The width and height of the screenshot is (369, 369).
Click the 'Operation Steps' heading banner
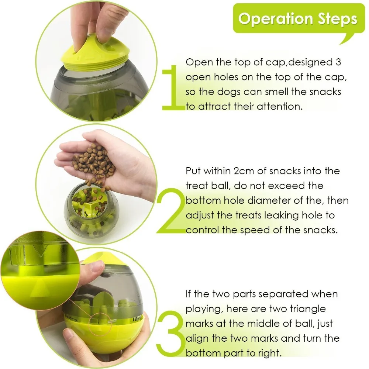[x=298, y=19]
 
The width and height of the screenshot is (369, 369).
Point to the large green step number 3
[x=170, y=333]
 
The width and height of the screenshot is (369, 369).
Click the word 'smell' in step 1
[x=277, y=92]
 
